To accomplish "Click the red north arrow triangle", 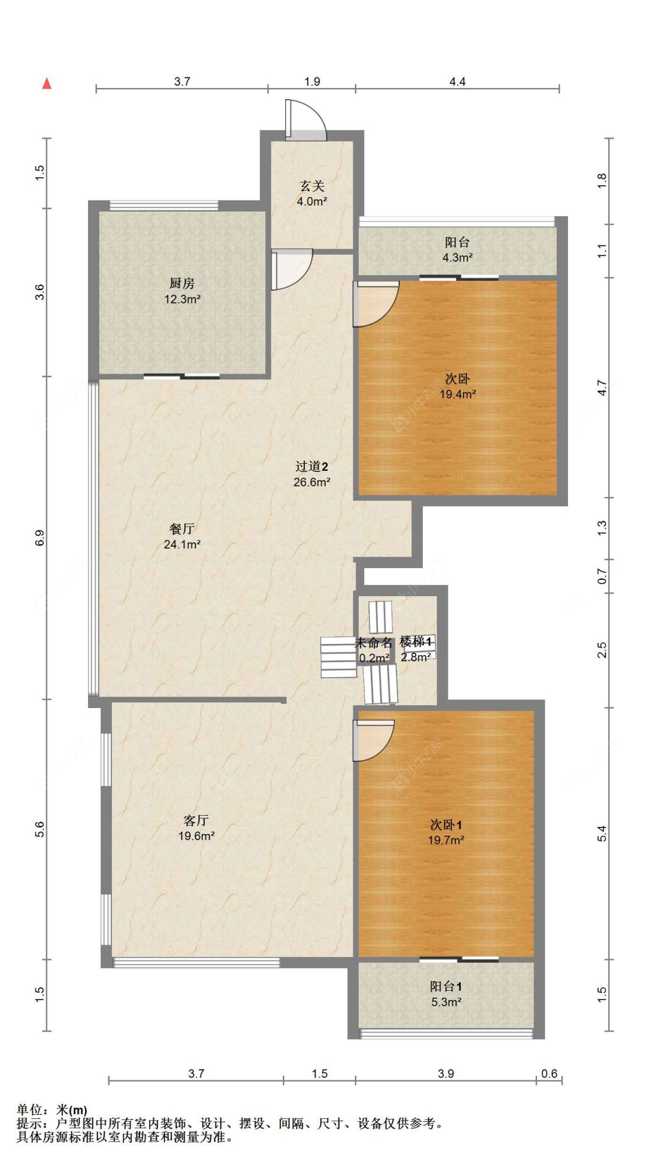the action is tap(47, 83).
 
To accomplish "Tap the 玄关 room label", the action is tap(312, 186).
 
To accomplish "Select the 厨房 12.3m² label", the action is tap(182, 291).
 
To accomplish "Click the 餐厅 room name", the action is tap(182, 529).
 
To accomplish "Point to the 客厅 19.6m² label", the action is tap(197, 828).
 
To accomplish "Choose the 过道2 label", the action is tap(311, 466).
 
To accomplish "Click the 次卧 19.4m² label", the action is tap(458, 386).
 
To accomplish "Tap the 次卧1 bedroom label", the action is tap(446, 825).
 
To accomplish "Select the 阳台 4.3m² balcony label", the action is tap(457, 249).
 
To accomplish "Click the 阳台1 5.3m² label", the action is tap(446, 994).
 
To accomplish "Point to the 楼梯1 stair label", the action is tap(416, 642).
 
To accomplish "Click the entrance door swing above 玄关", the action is tap(306, 120).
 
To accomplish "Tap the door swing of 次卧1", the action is tap(374, 741).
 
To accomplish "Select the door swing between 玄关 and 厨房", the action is tap(292, 269).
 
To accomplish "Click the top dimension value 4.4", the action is tap(457, 82).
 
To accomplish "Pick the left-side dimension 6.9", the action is tap(40, 537).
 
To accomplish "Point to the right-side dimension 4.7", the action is tap(602, 388).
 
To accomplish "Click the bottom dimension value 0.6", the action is tap(549, 1073).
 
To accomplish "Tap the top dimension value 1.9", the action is tap(312, 82).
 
